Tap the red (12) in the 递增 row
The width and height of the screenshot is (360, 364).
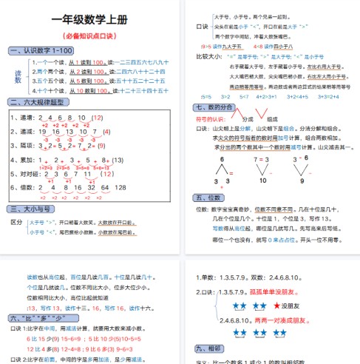coord(96,118)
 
